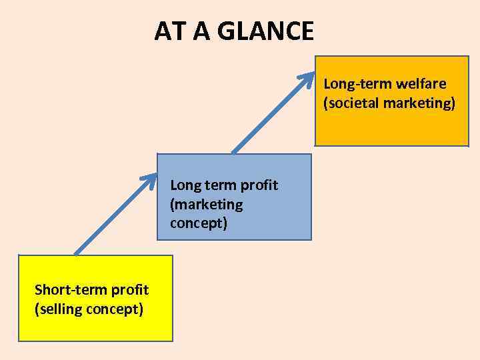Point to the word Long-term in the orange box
click(x=357, y=84)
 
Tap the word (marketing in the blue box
click(x=207, y=204)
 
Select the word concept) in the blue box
click(x=199, y=223)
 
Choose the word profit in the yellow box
click(x=129, y=289)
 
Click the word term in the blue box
click(x=219, y=185)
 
